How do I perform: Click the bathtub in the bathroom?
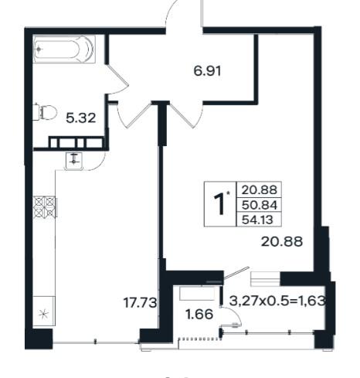coord(64,49)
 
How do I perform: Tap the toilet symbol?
coord(45,112)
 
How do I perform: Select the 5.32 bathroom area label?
coord(81,118)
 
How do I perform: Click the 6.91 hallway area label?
coord(207,71)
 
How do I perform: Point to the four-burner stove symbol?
coord(45,206)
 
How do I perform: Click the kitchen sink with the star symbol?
coord(44,311)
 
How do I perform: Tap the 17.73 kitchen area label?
coord(140,302)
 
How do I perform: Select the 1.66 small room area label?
coord(199,315)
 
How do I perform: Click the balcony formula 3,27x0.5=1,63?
coord(277,301)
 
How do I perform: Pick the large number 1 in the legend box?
coord(219,204)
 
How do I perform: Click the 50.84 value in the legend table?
coord(259,206)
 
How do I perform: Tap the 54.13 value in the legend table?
coord(257,220)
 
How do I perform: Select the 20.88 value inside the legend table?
coord(259,190)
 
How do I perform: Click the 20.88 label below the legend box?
coord(282,242)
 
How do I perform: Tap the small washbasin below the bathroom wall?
coord(74,161)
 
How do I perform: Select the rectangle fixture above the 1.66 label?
coord(197,294)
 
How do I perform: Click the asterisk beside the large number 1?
coord(228,192)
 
